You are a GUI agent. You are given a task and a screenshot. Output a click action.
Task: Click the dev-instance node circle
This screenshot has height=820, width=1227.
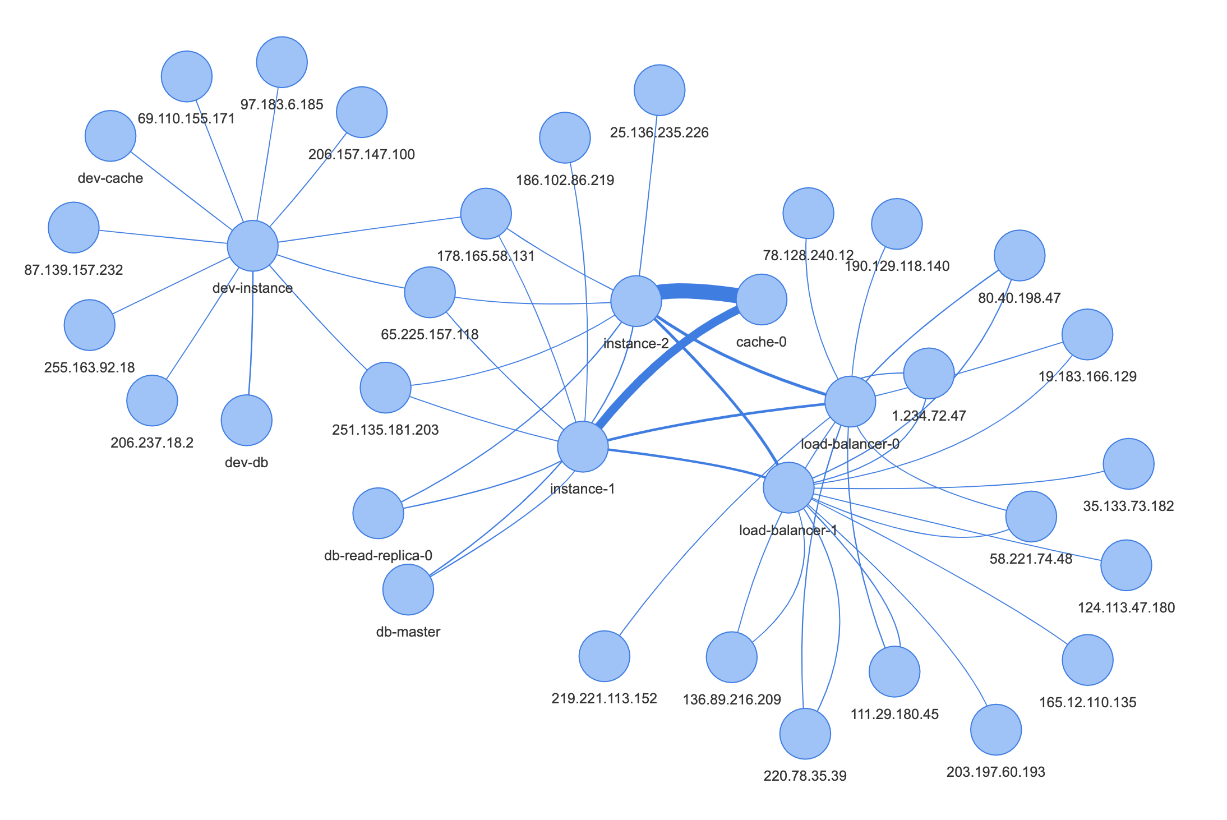pyautogui.click(x=252, y=246)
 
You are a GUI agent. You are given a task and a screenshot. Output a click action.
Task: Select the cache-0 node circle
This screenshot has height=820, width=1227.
pyautogui.click(x=761, y=300)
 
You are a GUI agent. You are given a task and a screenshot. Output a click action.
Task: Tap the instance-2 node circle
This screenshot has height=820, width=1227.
pyautogui.click(x=636, y=301)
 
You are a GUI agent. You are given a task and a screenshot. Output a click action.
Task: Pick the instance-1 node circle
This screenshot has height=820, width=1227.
pyautogui.click(x=583, y=447)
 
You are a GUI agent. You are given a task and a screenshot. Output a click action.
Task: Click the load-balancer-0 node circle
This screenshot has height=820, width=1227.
pyautogui.click(x=850, y=402)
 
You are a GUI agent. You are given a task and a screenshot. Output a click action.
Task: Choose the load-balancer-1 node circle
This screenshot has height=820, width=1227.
pyautogui.click(x=788, y=487)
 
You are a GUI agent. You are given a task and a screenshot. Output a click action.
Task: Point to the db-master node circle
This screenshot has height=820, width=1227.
pyautogui.click(x=408, y=589)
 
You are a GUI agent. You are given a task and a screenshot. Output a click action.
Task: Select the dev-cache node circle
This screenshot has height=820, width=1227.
pyautogui.click(x=110, y=136)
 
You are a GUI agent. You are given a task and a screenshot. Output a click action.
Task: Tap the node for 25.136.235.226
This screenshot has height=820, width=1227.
pyautogui.click(x=659, y=90)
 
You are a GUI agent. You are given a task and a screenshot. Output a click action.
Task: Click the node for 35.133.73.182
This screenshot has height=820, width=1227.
pyautogui.click(x=1128, y=464)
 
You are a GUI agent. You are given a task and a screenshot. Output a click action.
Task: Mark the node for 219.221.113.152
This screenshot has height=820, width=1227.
pyautogui.click(x=604, y=656)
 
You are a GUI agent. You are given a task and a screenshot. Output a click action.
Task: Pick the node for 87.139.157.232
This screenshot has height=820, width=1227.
pyautogui.click(x=73, y=227)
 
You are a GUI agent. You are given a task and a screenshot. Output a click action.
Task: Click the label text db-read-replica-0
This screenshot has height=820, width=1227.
pyautogui.click(x=378, y=556)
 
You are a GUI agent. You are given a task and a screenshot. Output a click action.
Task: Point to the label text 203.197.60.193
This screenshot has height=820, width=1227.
pyautogui.click(x=995, y=772)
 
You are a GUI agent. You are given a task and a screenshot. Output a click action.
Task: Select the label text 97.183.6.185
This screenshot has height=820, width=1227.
pyautogui.click(x=282, y=105)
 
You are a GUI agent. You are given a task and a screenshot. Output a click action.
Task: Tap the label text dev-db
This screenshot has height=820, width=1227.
pyautogui.click(x=246, y=463)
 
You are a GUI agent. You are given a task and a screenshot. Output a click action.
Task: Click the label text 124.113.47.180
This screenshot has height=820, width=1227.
pyautogui.click(x=1126, y=607)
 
